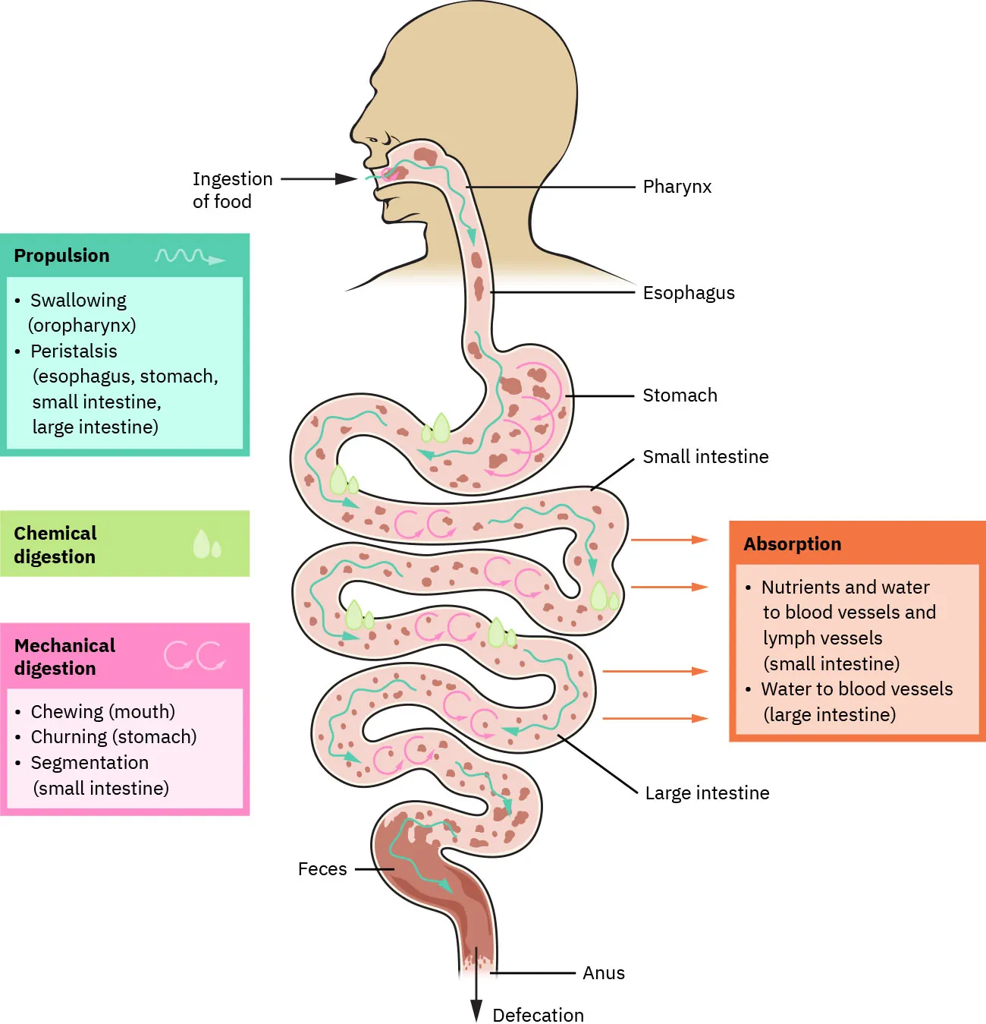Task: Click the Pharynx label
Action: [x=677, y=187]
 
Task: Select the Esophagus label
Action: [x=689, y=293]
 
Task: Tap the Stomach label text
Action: [x=680, y=395]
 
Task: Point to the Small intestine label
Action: [x=705, y=457]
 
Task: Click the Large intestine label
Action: [x=707, y=793]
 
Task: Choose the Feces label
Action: [x=322, y=869]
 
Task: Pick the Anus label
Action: [x=604, y=973]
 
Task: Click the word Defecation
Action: [x=539, y=1015]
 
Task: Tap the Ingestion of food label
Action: [x=232, y=190]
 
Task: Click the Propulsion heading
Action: [x=61, y=256]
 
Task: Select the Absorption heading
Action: [x=792, y=544]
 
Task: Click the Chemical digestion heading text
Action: [x=55, y=545]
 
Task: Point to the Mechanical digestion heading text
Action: [x=64, y=657]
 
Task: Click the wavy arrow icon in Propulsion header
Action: [x=190, y=257]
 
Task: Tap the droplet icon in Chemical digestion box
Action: [x=206, y=544]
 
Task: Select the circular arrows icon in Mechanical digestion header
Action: [x=195, y=656]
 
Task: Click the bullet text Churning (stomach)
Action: [x=113, y=737]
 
